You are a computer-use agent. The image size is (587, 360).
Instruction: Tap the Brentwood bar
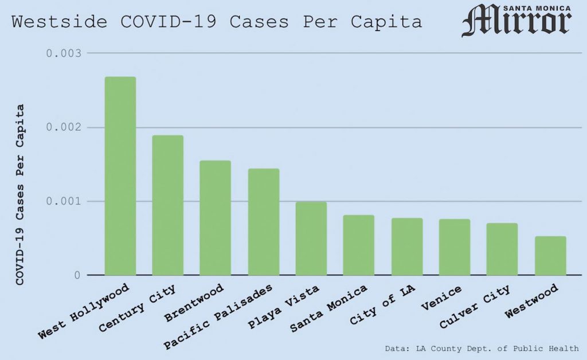tap(215, 218)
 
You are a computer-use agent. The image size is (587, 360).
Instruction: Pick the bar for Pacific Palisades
tap(263, 222)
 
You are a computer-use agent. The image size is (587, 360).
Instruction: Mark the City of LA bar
tap(407, 246)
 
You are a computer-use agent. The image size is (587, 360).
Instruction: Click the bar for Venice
tap(455, 247)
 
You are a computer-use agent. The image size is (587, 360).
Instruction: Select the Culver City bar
tap(502, 249)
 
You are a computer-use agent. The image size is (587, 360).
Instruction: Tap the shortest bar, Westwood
tap(550, 256)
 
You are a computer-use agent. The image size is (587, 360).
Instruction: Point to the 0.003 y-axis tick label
tap(64, 53)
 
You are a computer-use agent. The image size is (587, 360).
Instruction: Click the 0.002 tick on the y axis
tap(64, 127)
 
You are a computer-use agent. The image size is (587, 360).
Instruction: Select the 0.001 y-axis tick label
tap(64, 201)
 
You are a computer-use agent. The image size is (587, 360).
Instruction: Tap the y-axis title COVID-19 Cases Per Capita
tap(20, 194)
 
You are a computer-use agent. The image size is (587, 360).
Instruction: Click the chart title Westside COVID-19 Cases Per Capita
tap(217, 22)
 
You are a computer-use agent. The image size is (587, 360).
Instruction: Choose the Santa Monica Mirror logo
tap(516, 21)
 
